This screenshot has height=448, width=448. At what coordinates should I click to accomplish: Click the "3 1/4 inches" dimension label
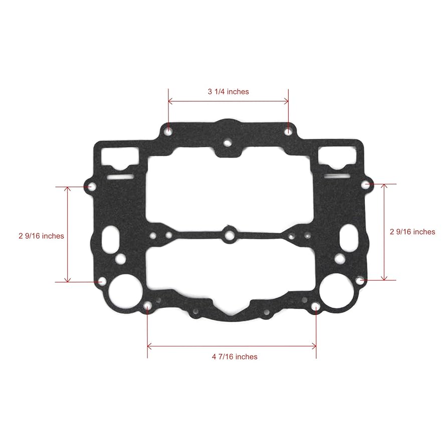point(228,92)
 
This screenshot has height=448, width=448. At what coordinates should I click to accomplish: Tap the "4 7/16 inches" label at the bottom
point(235,357)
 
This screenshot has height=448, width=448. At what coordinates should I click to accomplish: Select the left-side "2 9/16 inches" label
point(41,236)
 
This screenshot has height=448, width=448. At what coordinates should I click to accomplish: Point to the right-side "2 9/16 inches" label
point(412,232)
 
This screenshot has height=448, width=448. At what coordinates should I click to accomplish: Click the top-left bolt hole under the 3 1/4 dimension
point(169,131)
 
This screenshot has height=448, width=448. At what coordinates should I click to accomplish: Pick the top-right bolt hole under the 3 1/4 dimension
point(288,131)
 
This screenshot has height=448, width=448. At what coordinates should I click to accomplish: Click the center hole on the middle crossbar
point(230,233)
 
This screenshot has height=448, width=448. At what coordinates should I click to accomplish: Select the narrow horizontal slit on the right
point(337,176)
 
